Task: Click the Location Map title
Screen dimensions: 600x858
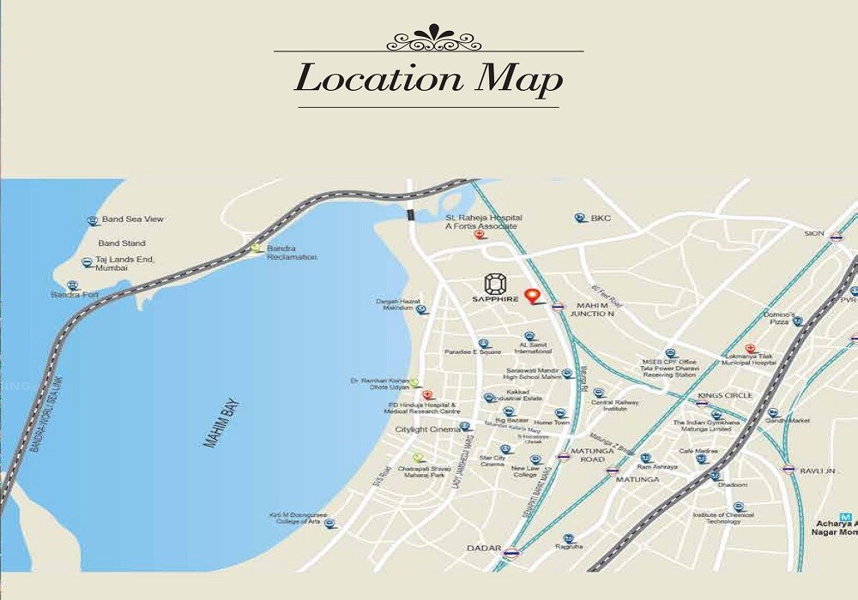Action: [x=428, y=79]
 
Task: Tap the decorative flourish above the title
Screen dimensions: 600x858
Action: [x=428, y=39]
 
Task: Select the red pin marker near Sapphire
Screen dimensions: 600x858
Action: [x=534, y=297]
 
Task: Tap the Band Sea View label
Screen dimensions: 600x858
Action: [x=132, y=219]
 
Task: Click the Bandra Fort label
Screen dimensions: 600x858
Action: [x=75, y=295]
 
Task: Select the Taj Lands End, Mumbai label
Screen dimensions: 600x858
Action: [x=124, y=263]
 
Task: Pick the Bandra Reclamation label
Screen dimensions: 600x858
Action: [x=292, y=253]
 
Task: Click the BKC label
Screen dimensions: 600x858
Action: [x=600, y=219]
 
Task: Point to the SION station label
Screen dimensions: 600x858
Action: [x=813, y=233]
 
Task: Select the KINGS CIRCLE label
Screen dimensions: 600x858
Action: [x=725, y=395]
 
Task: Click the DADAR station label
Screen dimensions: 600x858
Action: [x=483, y=548]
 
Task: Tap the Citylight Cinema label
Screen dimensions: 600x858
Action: [x=427, y=429]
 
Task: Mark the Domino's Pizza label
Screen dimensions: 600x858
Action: [x=779, y=318]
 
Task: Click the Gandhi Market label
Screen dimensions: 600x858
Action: [x=788, y=421]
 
